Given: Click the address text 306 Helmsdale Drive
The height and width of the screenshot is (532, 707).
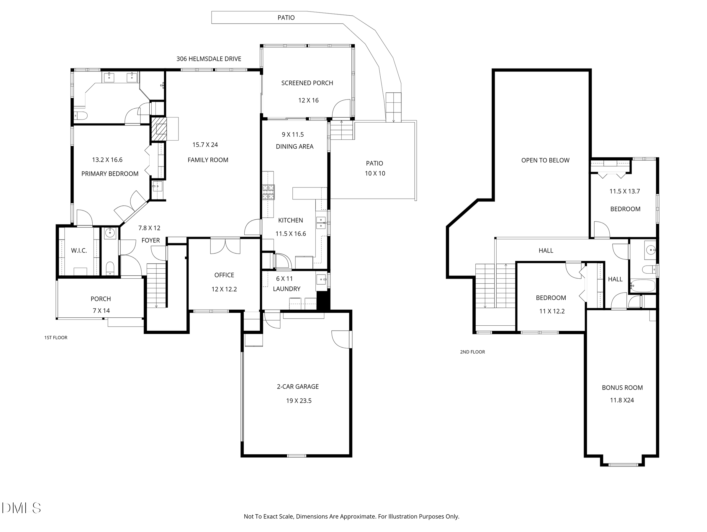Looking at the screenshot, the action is (209, 59).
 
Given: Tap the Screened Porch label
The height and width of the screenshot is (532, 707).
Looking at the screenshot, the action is (307, 83).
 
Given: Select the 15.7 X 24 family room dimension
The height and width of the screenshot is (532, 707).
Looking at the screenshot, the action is (205, 145).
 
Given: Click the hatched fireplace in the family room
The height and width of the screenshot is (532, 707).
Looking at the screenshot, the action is (159, 129).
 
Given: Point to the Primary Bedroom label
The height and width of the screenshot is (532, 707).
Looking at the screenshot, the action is (110, 174).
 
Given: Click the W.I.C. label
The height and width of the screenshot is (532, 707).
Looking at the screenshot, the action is (79, 251).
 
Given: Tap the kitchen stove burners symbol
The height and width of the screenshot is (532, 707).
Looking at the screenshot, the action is (269, 192).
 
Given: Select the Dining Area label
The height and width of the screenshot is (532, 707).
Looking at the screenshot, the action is (295, 147).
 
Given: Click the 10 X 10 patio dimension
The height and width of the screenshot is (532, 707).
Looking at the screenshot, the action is (375, 174).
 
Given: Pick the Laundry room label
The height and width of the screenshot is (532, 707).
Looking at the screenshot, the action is (287, 289).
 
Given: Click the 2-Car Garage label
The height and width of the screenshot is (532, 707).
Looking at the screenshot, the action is (298, 387).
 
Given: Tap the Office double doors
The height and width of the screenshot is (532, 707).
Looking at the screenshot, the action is (225, 246).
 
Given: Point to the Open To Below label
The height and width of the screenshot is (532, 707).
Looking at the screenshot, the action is (545, 161).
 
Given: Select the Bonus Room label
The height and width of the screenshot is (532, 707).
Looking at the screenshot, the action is (622, 388).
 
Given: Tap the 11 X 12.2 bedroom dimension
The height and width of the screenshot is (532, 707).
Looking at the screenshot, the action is (552, 311).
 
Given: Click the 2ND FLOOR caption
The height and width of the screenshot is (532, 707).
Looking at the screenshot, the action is (472, 352).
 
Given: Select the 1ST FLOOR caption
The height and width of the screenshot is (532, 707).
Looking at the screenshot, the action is (56, 338).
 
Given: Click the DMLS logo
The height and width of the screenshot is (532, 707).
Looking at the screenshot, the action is (22, 508).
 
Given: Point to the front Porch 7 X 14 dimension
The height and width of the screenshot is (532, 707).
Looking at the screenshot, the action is (101, 311).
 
